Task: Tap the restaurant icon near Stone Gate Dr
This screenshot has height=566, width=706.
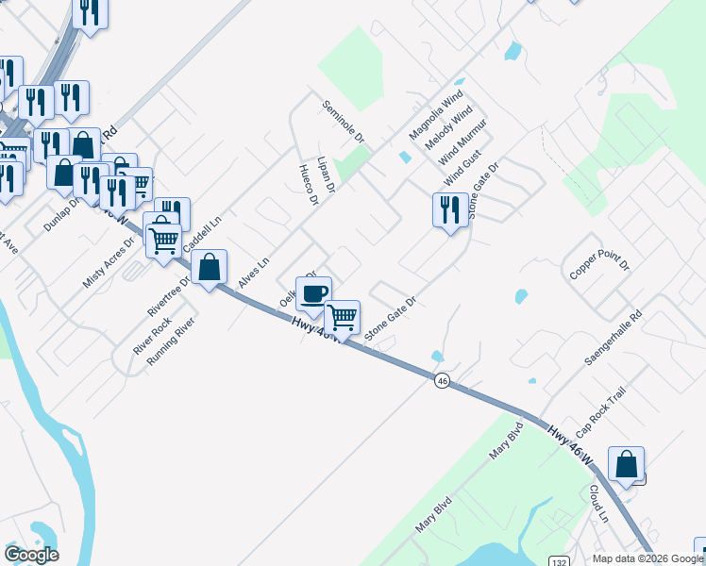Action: click(x=449, y=208)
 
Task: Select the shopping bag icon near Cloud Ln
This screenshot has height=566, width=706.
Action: click(x=626, y=463)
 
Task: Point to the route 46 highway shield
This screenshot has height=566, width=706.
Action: click(x=442, y=380)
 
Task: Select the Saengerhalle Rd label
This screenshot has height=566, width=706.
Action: click(x=612, y=338)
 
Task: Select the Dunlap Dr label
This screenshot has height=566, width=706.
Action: click(x=63, y=213)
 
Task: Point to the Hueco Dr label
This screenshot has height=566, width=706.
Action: click(x=306, y=185)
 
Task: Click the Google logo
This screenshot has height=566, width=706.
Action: click(x=31, y=555)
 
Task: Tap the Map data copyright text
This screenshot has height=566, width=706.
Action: click(x=647, y=558)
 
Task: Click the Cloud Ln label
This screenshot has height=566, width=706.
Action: click(x=598, y=504)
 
